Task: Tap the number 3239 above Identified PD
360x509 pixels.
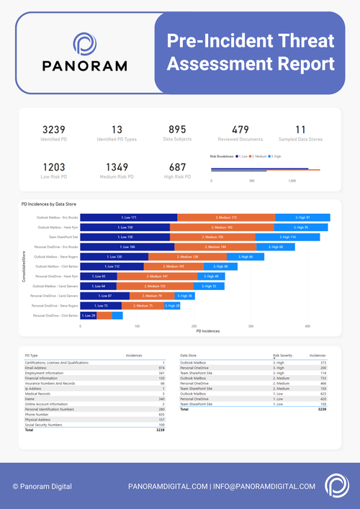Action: (x=55, y=128)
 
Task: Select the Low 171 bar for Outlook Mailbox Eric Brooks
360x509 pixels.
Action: (x=128, y=217)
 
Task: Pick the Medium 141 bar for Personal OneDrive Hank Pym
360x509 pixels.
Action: (x=157, y=276)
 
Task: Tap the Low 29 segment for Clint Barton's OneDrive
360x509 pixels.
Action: (x=89, y=315)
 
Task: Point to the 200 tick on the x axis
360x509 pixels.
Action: (x=194, y=325)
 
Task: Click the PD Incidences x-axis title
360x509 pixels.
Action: (x=208, y=331)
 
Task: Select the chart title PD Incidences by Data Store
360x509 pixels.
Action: (x=50, y=204)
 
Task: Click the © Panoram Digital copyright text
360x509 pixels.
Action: (x=42, y=487)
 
